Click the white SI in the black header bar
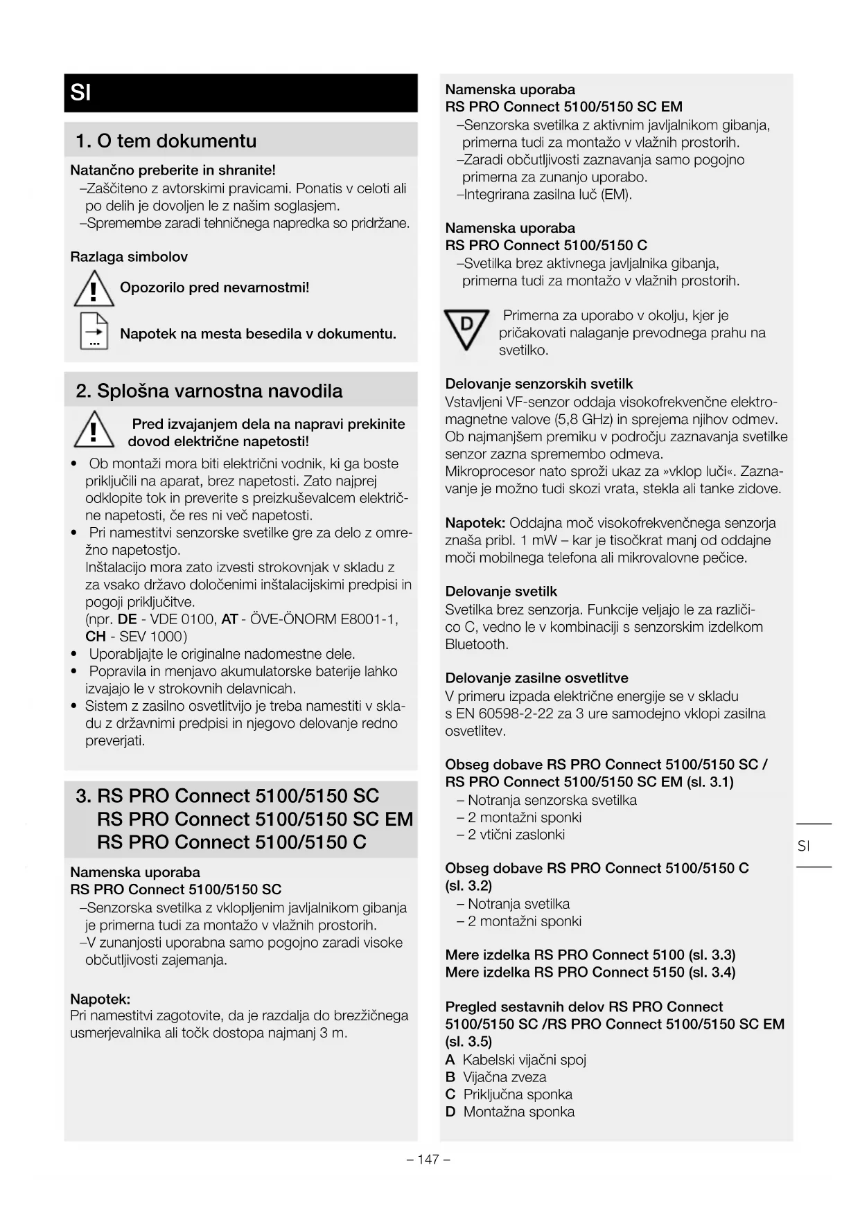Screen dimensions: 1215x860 (81, 93)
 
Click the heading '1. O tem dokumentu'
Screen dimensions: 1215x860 (166, 141)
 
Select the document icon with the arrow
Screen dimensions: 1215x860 (94, 332)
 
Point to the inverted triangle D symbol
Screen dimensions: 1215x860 (466, 328)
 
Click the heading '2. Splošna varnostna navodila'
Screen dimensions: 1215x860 (209, 391)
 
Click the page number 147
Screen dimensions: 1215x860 (429, 1159)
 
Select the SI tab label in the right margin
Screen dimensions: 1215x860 (804, 846)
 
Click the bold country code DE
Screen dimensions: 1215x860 (127, 619)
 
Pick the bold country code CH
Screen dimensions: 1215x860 (95, 637)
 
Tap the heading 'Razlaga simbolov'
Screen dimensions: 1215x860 (129, 257)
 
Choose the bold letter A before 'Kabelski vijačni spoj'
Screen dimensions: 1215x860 (450, 1060)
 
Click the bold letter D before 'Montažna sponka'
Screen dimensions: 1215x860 (450, 1112)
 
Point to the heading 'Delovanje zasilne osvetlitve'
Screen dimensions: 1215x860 (536, 678)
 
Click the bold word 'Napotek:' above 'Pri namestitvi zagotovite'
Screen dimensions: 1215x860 (100, 999)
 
